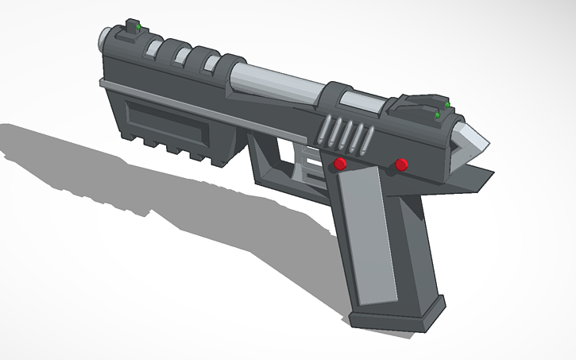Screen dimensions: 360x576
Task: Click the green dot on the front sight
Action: (138, 29)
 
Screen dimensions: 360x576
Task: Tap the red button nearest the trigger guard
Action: (340, 164)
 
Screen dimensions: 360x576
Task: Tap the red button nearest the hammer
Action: (401, 165)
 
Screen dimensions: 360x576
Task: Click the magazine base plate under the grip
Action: (397, 314)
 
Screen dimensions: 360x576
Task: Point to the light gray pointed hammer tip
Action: (472, 141)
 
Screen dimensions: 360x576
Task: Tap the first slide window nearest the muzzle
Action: (153, 48)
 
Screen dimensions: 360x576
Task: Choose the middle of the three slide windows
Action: (181, 56)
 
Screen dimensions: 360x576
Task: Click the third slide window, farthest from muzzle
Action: (211, 63)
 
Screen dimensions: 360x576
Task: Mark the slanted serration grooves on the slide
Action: (348, 133)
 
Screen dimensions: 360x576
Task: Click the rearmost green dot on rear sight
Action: (437, 116)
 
